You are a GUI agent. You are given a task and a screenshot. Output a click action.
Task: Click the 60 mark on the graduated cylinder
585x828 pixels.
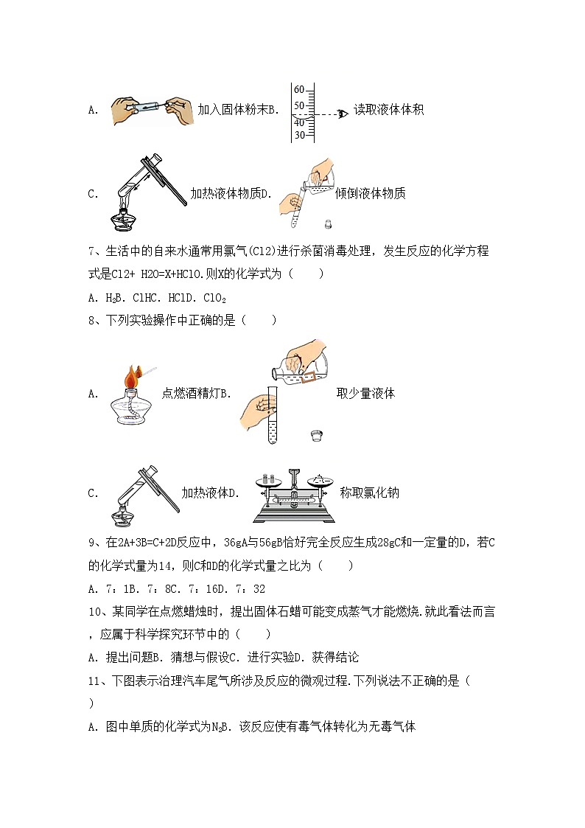point(299,89)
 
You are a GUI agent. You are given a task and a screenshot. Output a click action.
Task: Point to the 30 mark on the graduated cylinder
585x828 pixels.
point(299,136)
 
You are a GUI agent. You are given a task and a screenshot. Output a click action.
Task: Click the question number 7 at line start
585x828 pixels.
point(91,251)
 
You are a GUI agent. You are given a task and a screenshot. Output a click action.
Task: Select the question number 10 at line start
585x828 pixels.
point(94,611)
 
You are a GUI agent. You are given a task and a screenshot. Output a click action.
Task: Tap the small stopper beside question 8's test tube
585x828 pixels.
point(318,436)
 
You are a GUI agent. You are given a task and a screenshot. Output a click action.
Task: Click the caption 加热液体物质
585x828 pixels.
point(225,194)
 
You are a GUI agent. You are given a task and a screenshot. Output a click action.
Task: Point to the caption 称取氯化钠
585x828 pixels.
point(369,493)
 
